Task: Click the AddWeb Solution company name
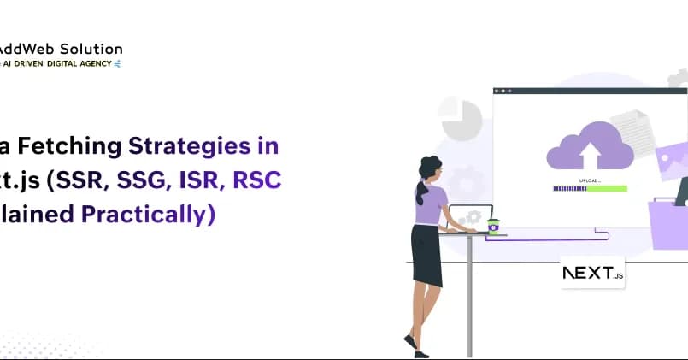(x=61, y=49)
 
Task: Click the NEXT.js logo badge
(x=592, y=274)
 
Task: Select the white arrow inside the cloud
(x=590, y=154)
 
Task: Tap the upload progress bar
(x=589, y=189)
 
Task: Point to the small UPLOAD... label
(x=590, y=181)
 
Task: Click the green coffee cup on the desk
(x=493, y=225)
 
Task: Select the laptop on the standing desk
(x=471, y=217)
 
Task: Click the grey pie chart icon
(x=462, y=119)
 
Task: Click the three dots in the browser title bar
(x=503, y=91)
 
